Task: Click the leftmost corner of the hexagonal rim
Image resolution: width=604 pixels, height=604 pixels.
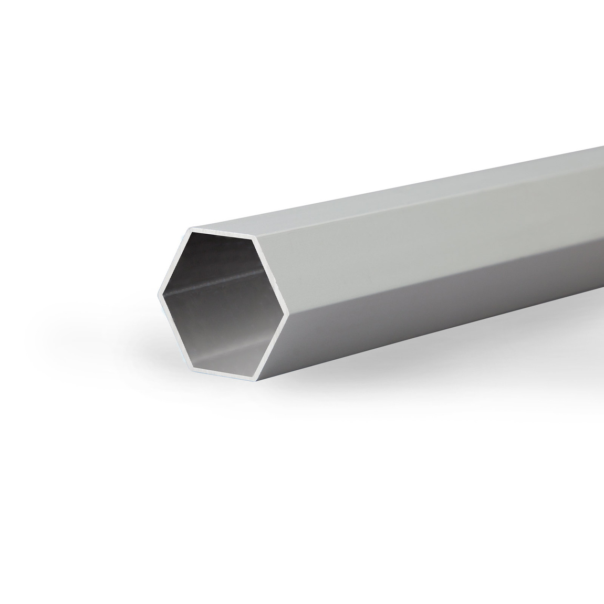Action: tap(159, 292)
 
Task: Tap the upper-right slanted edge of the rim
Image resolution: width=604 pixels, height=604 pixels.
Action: tap(271, 275)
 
